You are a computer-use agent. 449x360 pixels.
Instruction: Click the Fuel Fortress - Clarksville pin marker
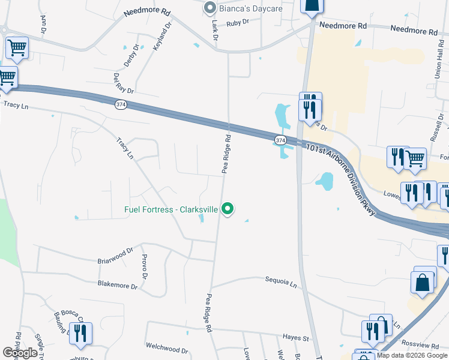click(228, 209)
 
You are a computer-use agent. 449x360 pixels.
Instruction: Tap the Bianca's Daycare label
click(250, 8)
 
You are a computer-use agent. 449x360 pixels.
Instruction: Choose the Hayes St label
click(295, 338)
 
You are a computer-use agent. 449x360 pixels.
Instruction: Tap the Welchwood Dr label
click(167, 347)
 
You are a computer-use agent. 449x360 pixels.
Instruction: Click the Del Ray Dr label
click(122, 83)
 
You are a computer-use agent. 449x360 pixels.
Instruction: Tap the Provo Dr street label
click(144, 266)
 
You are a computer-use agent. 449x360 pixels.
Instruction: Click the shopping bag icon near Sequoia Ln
click(423, 283)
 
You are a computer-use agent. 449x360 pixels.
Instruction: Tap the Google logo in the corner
click(20, 353)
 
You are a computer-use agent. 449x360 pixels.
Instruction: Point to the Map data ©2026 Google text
click(412, 355)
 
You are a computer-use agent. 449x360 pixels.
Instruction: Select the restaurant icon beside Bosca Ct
click(81, 334)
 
